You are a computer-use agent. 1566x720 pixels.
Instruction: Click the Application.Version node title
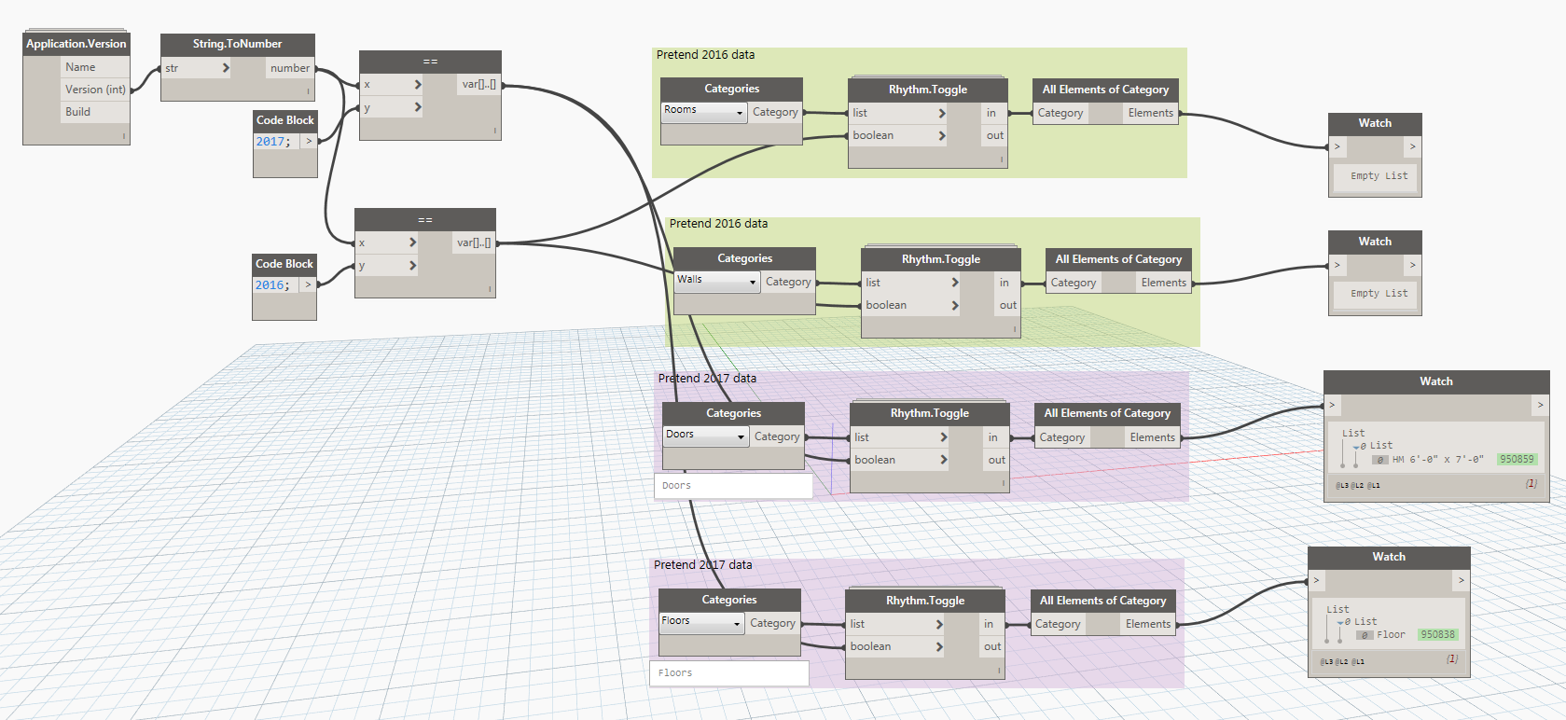coord(76,44)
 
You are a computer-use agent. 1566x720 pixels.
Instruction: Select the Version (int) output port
coord(95,90)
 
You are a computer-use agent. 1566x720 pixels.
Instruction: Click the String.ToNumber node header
coord(237,44)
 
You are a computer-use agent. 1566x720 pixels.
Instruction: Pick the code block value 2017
coord(271,142)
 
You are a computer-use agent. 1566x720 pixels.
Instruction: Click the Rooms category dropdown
coord(704,111)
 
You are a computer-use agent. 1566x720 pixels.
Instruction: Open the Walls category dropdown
coord(717,281)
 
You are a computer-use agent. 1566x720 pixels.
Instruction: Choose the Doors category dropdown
coord(705,436)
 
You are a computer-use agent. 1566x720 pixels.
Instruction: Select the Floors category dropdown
coord(701,622)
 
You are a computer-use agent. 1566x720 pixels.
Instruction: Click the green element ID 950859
coord(1517,459)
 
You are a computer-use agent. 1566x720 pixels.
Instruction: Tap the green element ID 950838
coord(1437,634)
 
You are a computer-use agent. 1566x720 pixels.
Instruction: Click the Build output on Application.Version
coord(78,112)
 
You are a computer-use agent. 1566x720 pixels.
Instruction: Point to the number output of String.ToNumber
coord(289,68)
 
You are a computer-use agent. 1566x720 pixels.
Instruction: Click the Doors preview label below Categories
coord(677,486)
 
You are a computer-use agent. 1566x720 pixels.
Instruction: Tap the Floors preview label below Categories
coord(675,672)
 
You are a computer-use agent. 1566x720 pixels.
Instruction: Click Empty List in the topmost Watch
coord(1379,175)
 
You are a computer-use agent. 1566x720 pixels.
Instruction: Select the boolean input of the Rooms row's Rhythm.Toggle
coord(873,135)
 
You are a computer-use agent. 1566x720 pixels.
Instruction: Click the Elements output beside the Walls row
coord(1163,283)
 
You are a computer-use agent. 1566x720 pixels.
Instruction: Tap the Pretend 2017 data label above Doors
coord(707,378)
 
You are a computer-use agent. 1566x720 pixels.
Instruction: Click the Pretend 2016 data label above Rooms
coord(705,55)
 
